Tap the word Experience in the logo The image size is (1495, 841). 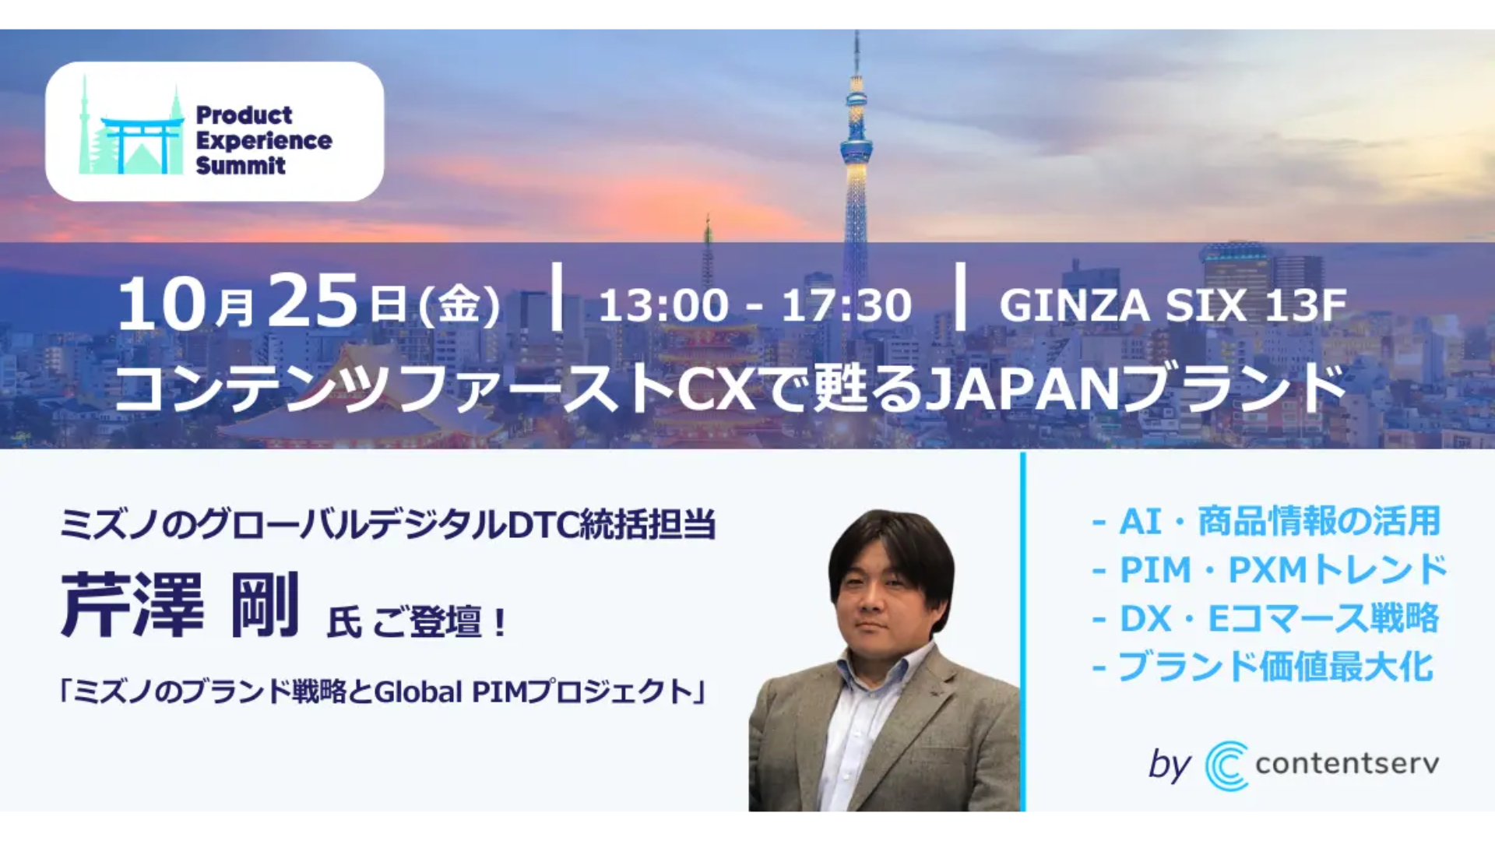point(264,140)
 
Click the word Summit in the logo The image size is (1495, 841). point(241,165)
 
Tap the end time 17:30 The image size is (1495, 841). point(846,305)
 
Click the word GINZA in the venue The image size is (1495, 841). point(1075,305)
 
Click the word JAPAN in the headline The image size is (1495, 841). point(1023,389)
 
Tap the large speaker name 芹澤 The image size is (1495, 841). point(132,604)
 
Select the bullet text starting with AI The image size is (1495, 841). point(1267,521)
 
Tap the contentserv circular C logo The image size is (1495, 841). point(1226,765)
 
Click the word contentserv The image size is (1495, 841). point(1347,764)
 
